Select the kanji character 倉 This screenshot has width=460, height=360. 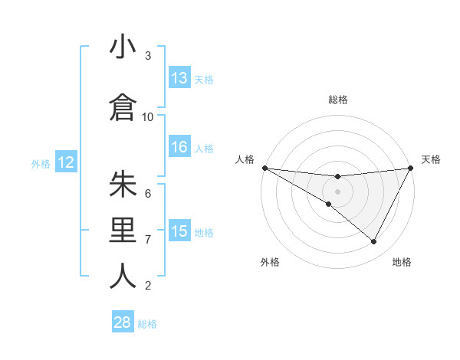(123, 107)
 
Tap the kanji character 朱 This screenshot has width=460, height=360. (123, 185)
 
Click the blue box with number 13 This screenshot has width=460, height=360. (179, 78)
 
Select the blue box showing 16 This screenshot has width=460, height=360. (179, 148)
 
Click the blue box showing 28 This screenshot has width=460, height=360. (123, 322)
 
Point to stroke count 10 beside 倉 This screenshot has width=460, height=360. (148, 116)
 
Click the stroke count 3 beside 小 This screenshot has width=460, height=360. (148, 56)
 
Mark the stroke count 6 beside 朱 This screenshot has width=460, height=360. (148, 193)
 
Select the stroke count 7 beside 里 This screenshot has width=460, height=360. (148, 240)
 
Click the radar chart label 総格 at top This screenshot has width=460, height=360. (337, 100)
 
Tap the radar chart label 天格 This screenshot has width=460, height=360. (431, 159)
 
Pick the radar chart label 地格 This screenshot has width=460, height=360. (402, 263)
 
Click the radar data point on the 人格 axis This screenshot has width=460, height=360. (264, 168)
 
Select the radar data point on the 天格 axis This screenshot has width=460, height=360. (410, 168)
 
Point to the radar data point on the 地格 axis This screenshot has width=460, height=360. (374, 242)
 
